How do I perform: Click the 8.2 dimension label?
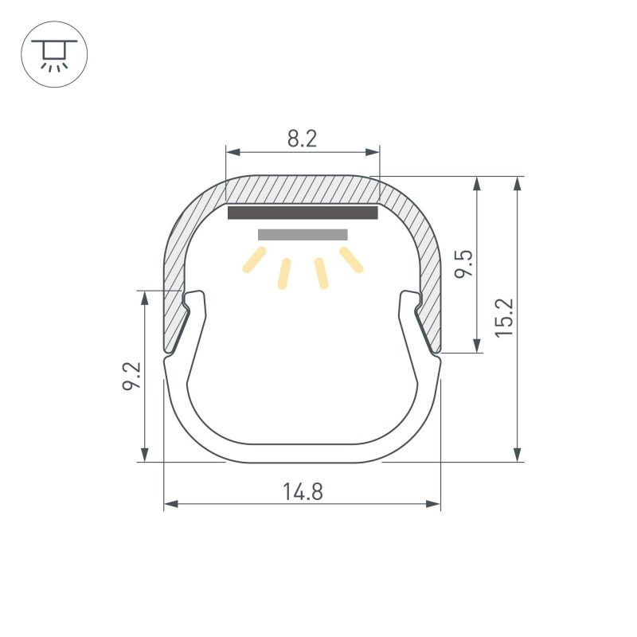pos(302,139)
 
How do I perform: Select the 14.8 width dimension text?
pos(303,491)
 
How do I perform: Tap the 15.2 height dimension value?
pos(504,318)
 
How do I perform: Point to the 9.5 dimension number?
pos(463,264)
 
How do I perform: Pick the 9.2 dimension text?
pos(131,376)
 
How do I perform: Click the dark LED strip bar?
pos(303,213)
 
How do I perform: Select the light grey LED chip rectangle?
pos(303,235)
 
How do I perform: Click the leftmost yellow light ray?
pos(254,260)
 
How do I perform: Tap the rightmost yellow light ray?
pos(351,260)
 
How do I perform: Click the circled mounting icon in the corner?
pos(54,54)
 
